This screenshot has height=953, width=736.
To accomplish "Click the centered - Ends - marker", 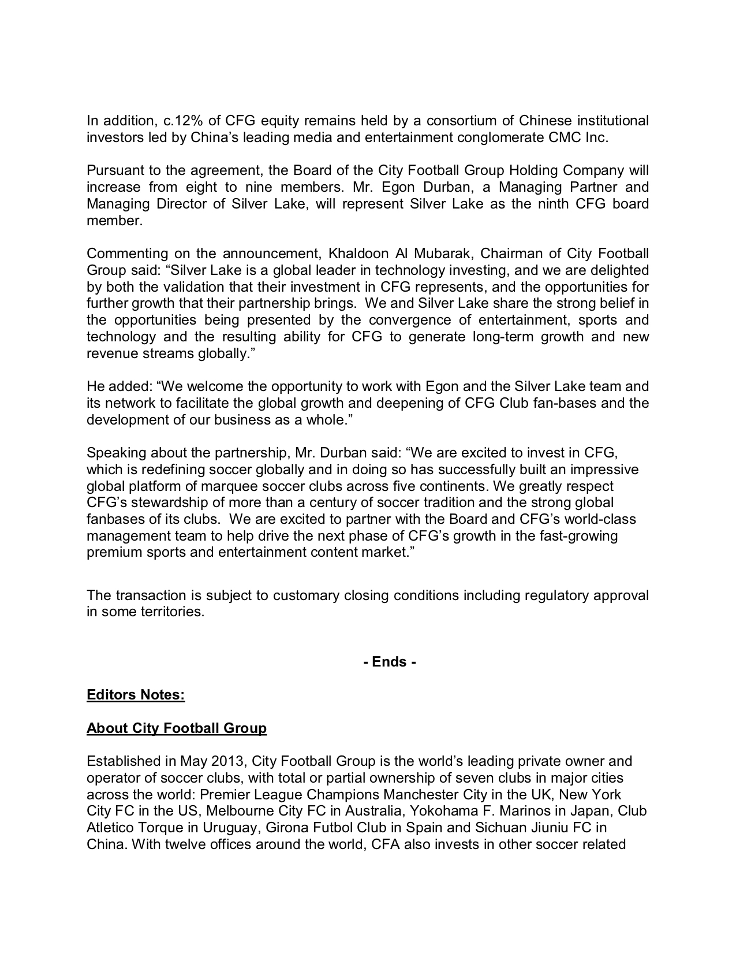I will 390,662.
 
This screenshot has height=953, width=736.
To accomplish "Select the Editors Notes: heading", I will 136,695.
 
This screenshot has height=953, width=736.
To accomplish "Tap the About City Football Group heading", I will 177,728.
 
